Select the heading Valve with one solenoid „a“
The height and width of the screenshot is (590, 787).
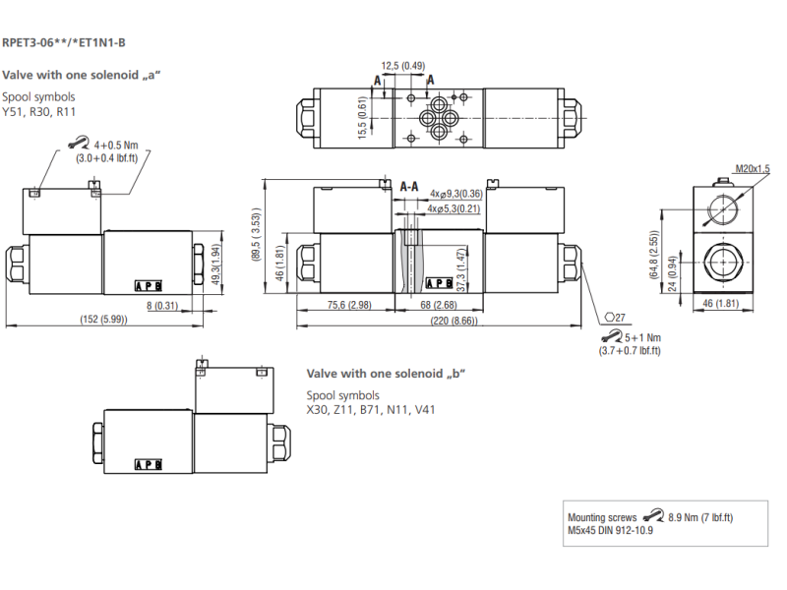pos(81,75)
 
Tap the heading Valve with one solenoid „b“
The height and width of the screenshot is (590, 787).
pos(386,373)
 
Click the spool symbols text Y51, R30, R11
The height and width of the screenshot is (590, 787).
pos(39,112)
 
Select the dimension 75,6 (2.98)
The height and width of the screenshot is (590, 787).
pos(348,304)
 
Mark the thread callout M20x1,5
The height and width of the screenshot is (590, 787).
pos(753,169)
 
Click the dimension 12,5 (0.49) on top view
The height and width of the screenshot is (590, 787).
pos(403,66)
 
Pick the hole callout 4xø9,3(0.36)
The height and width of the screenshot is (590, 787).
pos(455,194)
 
